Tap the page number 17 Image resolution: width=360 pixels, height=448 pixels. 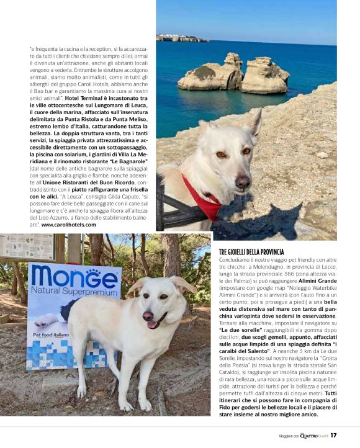(x=333, y=435)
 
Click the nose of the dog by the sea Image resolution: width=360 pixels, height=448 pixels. (x=242, y=181)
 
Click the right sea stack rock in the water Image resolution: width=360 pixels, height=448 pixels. (x=266, y=74)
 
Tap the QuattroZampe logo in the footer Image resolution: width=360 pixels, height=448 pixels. (x=313, y=435)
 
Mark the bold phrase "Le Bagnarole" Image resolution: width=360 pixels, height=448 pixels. (x=135, y=160)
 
